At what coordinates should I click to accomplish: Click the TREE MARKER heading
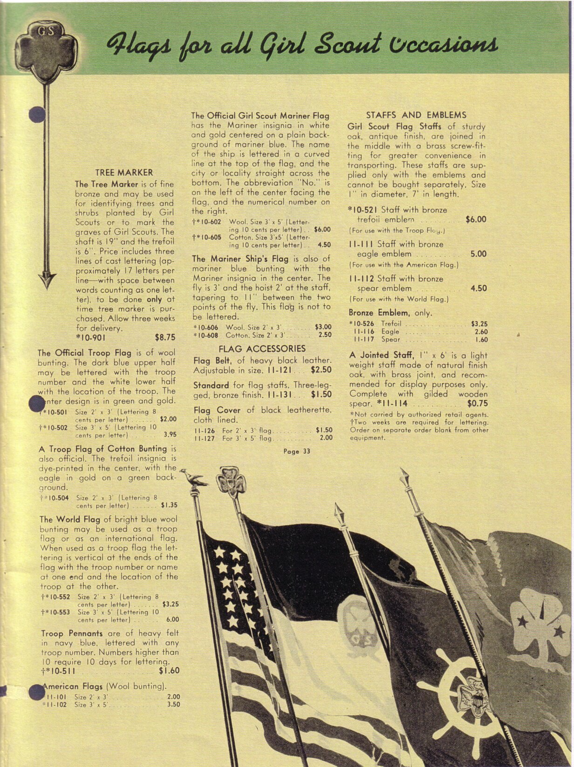pyautogui.click(x=124, y=172)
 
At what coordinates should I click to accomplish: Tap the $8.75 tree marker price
pyautogui.click(x=165, y=337)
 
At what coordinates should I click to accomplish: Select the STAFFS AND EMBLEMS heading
pyautogui.click(x=416, y=115)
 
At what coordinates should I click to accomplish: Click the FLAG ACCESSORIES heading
pyautogui.click(x=262, y=349)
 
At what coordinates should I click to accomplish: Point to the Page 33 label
pyautogui.click(x=296, y=451)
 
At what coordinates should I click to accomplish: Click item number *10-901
pyautogui.click(x=91, y=337)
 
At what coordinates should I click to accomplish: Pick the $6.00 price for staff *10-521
pyautogui.click(x=476, y=219)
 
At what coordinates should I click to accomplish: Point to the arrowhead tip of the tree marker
pyautogui.click(x=46, y=283)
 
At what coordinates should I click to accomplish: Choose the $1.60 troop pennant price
pyautogui.click(x=169, y=671)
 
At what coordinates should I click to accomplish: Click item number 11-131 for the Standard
pyautogui.click(x=281, y=395)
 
